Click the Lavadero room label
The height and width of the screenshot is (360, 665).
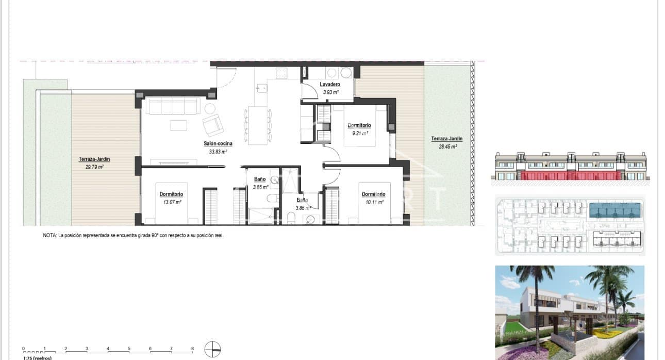click(329, 84)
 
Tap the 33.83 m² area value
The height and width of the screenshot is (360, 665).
click(219, 152)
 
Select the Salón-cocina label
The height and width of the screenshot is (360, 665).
click(218, 143)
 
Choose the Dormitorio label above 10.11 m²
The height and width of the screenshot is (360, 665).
click(373, 194)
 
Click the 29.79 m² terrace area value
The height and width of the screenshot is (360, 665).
click(94, 167)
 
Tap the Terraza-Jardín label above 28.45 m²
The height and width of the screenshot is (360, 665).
click(447, 139)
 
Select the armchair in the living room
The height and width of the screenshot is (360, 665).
click(213, 125)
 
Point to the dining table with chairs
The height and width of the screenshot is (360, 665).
click(257, 125)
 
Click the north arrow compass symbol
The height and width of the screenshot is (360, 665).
click(212, 350)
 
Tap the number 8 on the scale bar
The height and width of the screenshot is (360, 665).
click(192, 349)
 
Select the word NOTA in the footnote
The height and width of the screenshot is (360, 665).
click(50, 235)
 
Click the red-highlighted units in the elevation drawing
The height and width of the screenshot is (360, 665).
click(570, 176)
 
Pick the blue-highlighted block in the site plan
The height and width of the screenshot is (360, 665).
click(614, 210)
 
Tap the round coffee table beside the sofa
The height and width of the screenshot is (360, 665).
click(210, 109)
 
